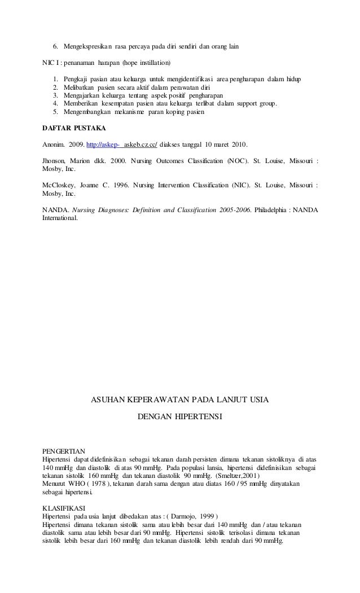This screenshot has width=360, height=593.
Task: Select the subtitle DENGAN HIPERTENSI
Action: [x=180, y=419]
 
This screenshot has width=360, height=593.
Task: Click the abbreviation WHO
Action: [x=77, y=484]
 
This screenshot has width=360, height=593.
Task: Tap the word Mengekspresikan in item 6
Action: [x=87, y=45]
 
